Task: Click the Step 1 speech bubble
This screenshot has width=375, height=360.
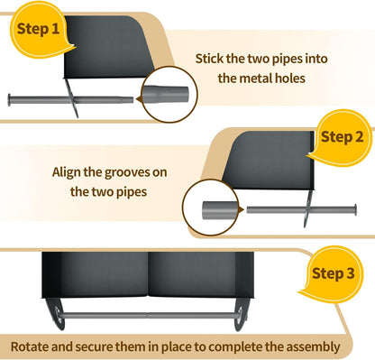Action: [x=39, y=30]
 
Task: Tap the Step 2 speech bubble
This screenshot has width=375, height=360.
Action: [x=342, y=138]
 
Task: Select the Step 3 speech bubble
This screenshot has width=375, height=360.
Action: [x=333, y=273]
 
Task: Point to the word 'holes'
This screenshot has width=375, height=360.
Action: [x=289, y=78]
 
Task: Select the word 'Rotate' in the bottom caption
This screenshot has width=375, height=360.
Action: [x=29, y=346]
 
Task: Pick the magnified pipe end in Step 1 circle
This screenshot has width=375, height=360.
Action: [x=165, y=95]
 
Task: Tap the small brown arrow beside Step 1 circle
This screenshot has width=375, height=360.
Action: [x=139, y=99]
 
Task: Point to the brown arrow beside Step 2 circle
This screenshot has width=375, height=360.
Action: [x=241, y=210]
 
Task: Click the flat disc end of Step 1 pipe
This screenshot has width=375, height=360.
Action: [x=9, y=100]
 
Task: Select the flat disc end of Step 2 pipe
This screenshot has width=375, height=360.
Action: [x=355, y=210]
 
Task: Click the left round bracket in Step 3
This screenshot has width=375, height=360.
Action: [x=56, y=313]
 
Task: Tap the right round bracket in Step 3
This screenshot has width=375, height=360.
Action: [x=242, y=314]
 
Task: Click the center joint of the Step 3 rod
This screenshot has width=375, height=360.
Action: [x=148, y=315]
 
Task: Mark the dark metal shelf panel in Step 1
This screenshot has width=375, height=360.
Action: [x=107, y=47]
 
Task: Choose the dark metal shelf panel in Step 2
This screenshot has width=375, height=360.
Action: [x=270, y=161]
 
